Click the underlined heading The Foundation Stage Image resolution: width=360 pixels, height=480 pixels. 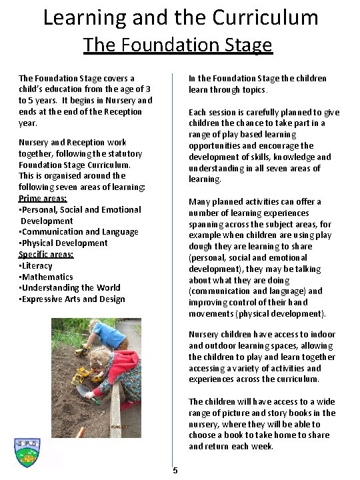coord(177,45)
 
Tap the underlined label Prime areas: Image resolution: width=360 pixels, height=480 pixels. coord(43,198)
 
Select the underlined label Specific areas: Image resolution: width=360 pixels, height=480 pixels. coord(46,254)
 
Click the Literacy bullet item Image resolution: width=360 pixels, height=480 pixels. coord(37,265)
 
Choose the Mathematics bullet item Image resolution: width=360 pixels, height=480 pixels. coord(47,277)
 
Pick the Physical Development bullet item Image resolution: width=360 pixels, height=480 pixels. coord(64,243)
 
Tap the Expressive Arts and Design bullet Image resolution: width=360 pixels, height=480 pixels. coord(73,299)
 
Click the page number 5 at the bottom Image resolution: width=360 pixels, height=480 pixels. coord(175,471)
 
